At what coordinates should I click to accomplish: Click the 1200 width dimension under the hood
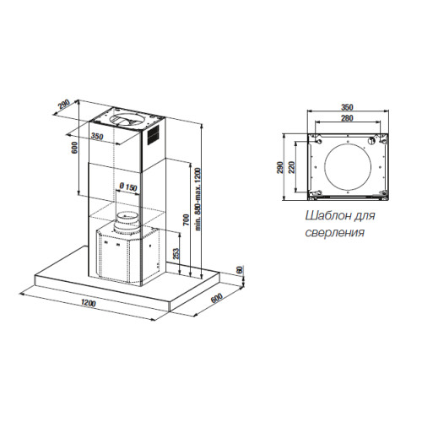click(x=89, y=303)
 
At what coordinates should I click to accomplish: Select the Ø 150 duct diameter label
click(x=128, y=187)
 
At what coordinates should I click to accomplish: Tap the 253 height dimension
click(x=176, y=255)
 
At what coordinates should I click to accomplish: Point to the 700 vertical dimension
click(x=187, y=220)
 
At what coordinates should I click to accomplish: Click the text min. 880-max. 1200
click(x=197, y=199)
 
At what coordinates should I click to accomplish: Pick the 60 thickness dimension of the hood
click(x=240, y=270)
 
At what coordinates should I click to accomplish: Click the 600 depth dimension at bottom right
click(x=217, y=298)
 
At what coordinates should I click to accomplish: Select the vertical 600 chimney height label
click(x=74, y=148)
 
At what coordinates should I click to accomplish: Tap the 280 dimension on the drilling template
click(x=347, y=118)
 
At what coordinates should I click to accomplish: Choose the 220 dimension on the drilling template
click(x=291, y=167)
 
